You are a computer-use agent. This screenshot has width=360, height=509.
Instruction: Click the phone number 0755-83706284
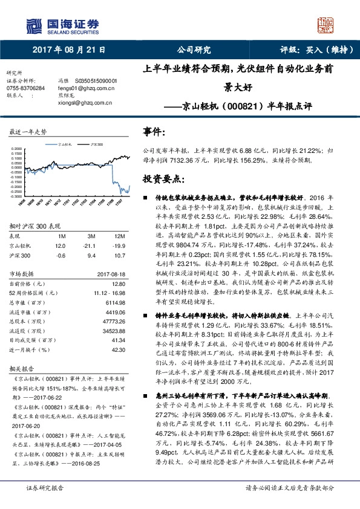click(25, 88)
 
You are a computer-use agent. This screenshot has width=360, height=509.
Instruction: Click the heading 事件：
click(154, 132)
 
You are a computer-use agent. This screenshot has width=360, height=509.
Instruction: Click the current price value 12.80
click(118, 284)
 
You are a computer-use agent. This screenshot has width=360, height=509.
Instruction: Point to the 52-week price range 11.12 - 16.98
click(110, 293)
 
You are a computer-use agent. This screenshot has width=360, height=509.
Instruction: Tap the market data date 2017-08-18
click(112, 274)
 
